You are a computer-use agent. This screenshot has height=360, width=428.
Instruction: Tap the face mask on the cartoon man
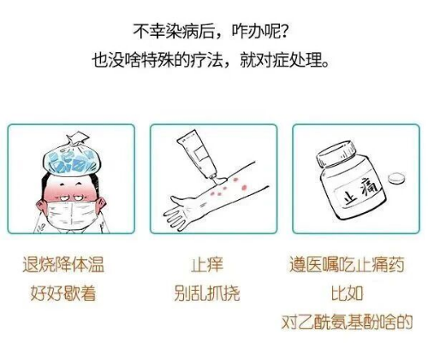coord(71,215)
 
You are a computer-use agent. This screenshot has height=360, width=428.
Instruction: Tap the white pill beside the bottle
coord(396,178)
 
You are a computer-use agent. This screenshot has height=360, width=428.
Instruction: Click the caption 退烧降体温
coord(63,264)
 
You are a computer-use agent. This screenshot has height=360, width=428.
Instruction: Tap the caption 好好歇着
coord(63,293)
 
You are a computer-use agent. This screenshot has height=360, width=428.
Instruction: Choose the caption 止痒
coord(207,264)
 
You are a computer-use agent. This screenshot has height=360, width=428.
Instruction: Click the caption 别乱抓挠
coord(207,293)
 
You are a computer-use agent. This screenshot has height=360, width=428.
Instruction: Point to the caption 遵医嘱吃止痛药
coord(347,264)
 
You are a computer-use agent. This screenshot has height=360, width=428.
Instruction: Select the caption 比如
coord(347,293)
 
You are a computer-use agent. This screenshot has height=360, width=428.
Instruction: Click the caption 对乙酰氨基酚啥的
coord(347,322)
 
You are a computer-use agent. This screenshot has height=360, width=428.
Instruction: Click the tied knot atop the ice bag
coord(76,139)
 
